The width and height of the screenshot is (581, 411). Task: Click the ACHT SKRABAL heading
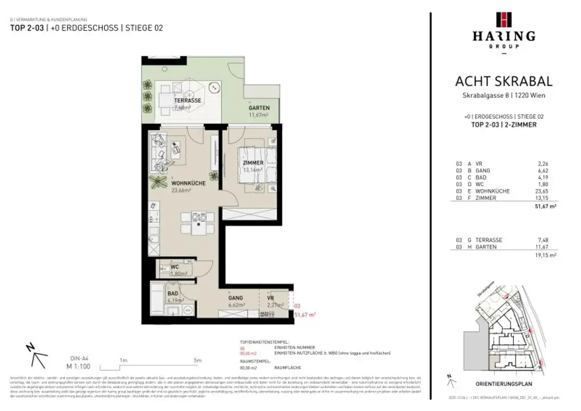pyautogui.click(x=503, y=82)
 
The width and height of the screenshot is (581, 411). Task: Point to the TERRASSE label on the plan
pyautogui.click(x=187, y=100)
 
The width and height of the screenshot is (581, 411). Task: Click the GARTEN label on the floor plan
pyautogui.click(x=259, y=108)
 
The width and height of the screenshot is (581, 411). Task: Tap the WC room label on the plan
pyautogui.click(x=176, y=267)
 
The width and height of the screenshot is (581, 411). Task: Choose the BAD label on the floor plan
pyautogui.click(x=173, y=294)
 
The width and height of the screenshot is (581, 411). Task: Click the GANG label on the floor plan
pyautogui.click(x=236, y=297)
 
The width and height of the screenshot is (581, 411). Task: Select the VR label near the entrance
pyautogui.click(x=271, y=297)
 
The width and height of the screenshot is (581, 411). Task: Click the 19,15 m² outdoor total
pyautogui.click(x=544, y=256)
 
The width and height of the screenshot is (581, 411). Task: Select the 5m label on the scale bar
pyautogui.click(x=197, y=360)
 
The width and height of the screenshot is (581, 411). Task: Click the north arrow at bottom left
pyautogui.click(x=37, y=356)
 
